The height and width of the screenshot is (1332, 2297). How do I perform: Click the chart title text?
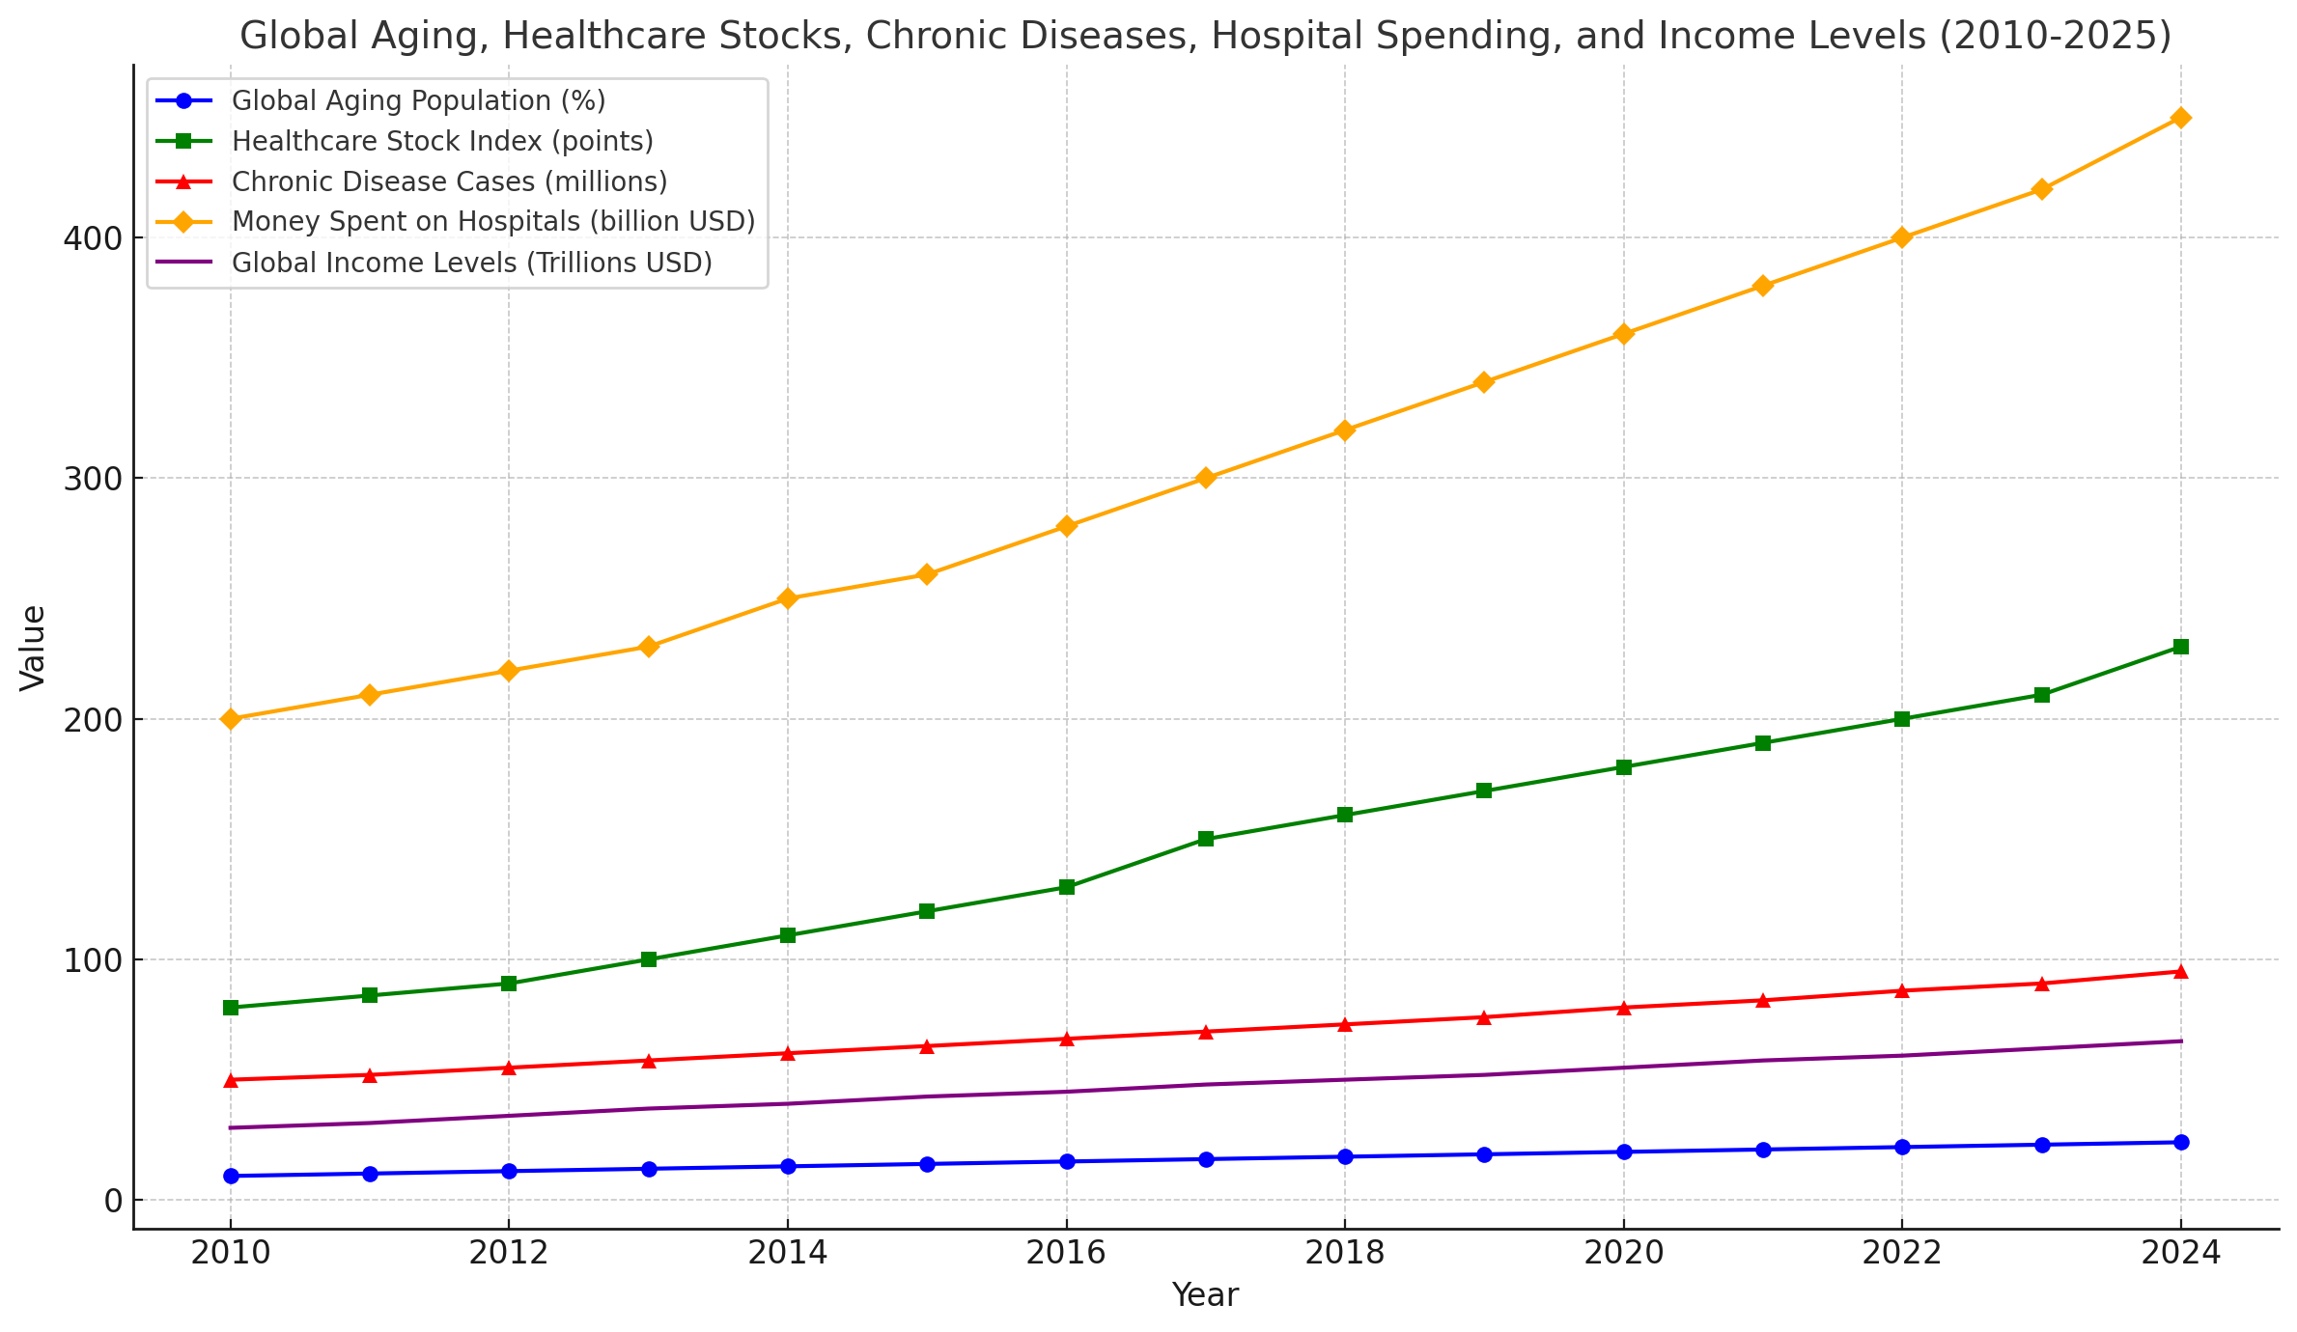coord(1205,37)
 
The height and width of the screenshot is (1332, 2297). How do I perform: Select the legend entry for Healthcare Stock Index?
coord(442,142)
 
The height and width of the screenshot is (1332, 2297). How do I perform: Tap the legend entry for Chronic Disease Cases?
coord(449,182)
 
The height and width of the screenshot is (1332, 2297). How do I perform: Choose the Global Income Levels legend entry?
coord(471,264)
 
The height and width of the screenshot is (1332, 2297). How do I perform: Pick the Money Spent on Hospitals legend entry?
coord(492,222)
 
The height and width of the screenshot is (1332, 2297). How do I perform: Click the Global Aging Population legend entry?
coord(418,101)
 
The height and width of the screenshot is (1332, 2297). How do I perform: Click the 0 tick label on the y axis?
coord(113,1201)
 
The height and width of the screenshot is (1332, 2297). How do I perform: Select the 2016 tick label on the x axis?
coord(1066,1253)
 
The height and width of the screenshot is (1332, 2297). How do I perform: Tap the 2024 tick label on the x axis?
coord(2180,1253)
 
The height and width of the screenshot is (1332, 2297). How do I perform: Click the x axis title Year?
coord(1205,1295)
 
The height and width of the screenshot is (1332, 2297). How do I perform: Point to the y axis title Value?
coord(33,648)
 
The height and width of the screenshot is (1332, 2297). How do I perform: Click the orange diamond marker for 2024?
coord(2180,118)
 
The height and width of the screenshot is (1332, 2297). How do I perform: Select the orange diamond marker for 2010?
coord(231,719)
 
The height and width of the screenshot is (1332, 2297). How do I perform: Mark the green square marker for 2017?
coord(1205,839)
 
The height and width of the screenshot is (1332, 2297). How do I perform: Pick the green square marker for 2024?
coord(2180,647)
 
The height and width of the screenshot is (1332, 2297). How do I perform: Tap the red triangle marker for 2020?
coord(1623,1008)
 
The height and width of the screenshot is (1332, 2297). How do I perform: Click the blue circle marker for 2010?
coord(231,1176)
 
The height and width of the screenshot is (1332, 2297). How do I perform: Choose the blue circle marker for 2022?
coord(1902,1147)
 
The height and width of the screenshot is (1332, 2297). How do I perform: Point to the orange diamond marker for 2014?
coord(788,598)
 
